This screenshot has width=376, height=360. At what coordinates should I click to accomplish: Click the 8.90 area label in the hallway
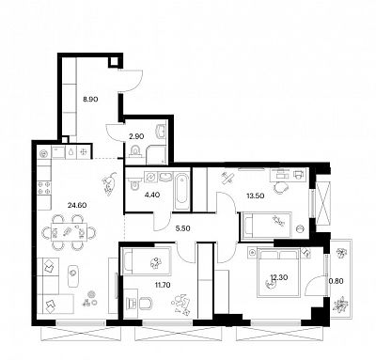(90, 100)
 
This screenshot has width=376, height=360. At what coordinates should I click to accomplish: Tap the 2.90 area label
(136, 136)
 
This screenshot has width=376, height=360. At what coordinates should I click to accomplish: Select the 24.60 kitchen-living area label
(77, 205)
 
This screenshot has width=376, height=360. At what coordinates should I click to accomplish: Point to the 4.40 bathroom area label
(152, 195)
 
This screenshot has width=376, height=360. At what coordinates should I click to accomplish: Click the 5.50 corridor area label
(182, 228)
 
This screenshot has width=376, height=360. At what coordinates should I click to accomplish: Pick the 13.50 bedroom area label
(255, 196)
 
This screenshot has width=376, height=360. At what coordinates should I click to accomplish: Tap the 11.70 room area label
(164, 285)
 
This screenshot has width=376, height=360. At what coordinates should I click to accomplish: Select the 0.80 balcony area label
(336, 281)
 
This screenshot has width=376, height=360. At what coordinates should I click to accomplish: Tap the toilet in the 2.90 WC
(135, 151)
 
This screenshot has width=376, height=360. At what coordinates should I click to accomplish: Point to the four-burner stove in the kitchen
(44, 188)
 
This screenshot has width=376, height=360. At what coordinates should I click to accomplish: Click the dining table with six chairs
(70, 232)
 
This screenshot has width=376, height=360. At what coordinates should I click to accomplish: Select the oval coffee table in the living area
(73, 274)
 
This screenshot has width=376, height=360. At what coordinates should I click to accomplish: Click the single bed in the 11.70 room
(147, 261)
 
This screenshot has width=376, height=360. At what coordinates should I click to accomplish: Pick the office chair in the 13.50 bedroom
(281, 187)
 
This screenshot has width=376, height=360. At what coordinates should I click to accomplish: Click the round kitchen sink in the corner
(44, 153)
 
